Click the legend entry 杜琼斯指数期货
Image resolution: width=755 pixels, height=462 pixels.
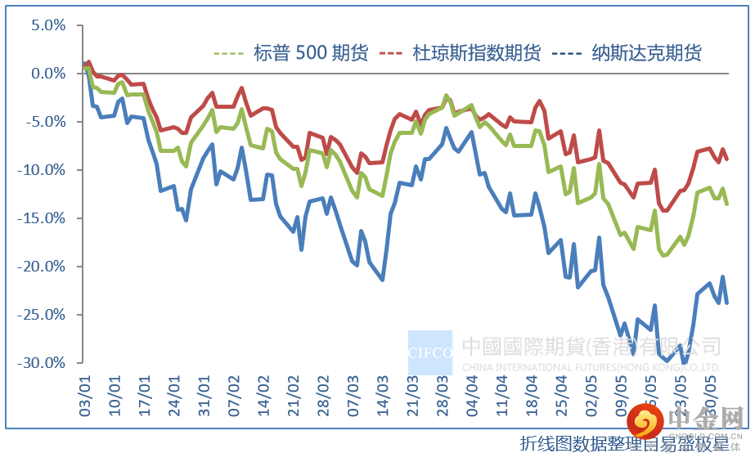click(x=477, y=54)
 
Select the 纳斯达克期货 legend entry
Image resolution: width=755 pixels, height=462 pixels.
click(x=646, y=54)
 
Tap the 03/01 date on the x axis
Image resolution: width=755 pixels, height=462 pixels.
click(x=85, y=398)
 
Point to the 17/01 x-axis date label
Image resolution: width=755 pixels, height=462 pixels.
click(x=146, y=398)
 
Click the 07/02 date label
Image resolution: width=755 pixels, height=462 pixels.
click(x=235, y=398)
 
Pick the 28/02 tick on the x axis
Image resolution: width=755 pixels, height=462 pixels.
click(x=324, y=398)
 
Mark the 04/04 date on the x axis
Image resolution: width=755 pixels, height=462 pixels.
click(x=473, y=398)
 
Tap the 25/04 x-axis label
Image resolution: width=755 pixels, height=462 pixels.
click(x=562, y=398)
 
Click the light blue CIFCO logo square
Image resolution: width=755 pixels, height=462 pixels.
click(x=430, y=352)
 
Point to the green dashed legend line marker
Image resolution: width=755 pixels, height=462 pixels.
click(x=228, y=55)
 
